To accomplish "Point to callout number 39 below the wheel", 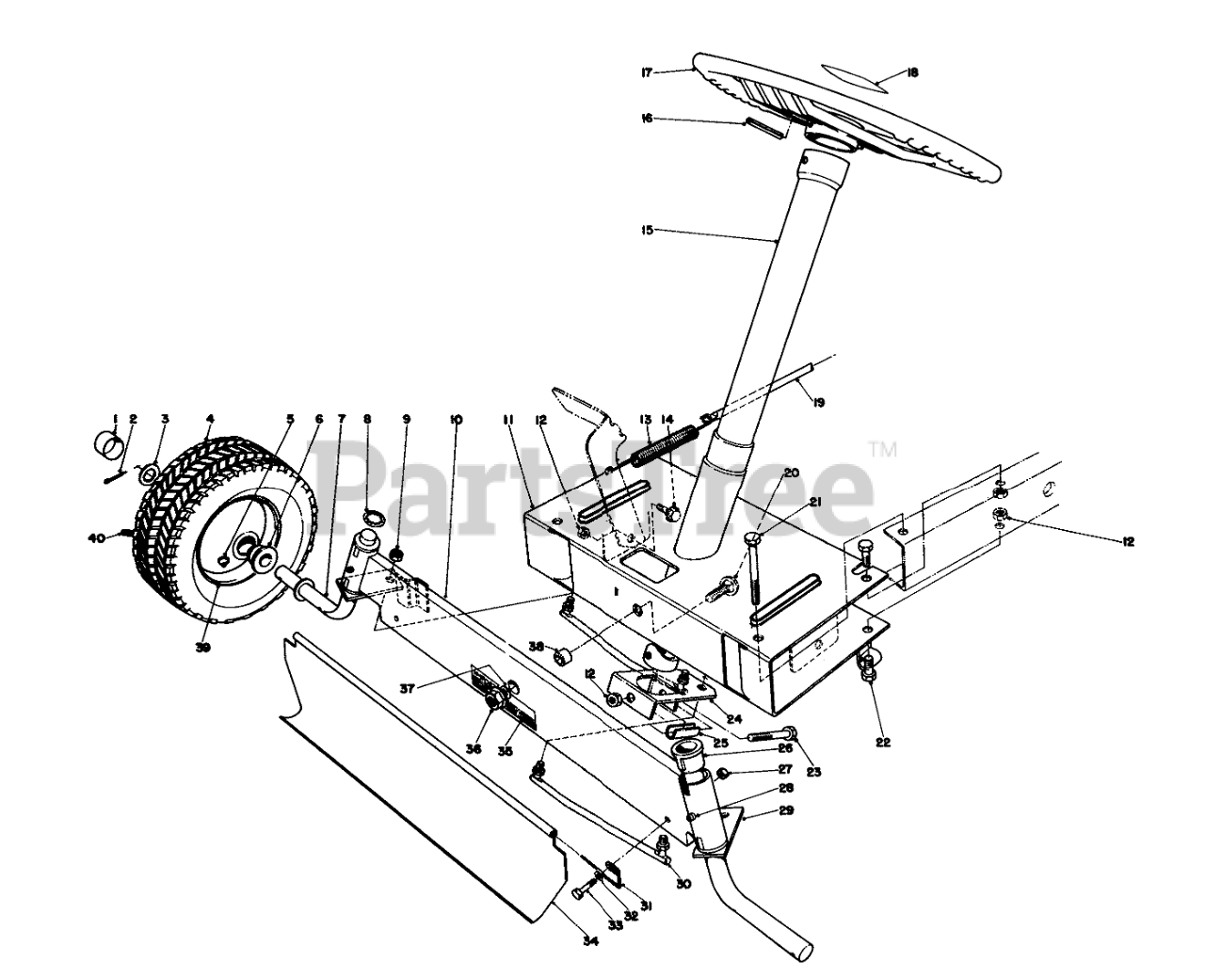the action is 203,647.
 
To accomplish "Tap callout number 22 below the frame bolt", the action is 881,741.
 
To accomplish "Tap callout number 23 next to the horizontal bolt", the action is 813,772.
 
